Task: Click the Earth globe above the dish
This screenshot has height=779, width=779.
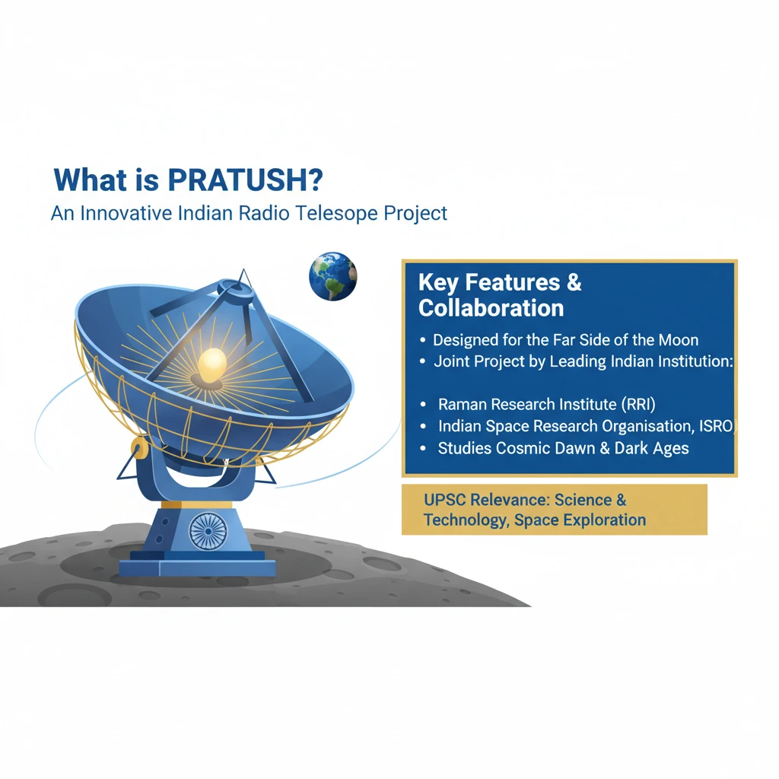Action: [x=333, y=276]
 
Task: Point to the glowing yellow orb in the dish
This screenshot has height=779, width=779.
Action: [x=213, y=364]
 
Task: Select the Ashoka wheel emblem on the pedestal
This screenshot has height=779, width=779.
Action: [x=208, y=530]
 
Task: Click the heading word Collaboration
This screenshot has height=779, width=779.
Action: [x=491, y=308]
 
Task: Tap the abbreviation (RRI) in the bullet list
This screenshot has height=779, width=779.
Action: [x=638, y=405]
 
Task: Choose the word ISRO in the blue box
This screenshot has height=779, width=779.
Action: [x=717, y=426]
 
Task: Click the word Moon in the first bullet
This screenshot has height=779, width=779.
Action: [x=679, y=340]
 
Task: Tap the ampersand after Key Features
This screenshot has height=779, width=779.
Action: [x=574, y=282]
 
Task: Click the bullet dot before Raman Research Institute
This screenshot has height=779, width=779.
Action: [x=423, y=405]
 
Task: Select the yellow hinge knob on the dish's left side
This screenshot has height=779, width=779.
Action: [x=140, y=448]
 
